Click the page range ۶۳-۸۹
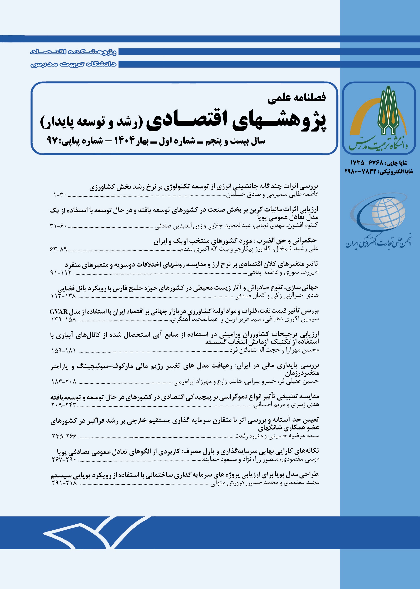tap(58, 249)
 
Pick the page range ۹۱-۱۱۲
tap(61, 273)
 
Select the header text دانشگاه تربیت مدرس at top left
tap(74, 64)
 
